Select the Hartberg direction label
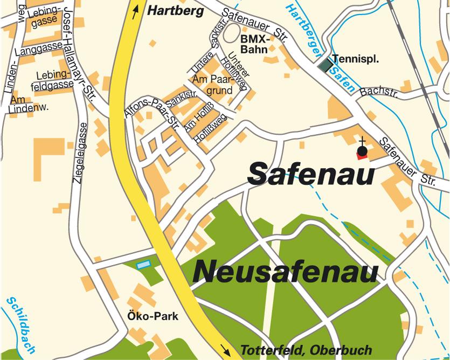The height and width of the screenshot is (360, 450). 176,10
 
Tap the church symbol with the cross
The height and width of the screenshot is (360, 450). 362,150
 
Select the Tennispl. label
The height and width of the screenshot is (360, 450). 356,59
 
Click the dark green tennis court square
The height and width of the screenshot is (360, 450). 325,65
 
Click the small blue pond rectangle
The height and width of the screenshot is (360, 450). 143,265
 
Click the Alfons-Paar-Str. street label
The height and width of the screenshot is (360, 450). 153,112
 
